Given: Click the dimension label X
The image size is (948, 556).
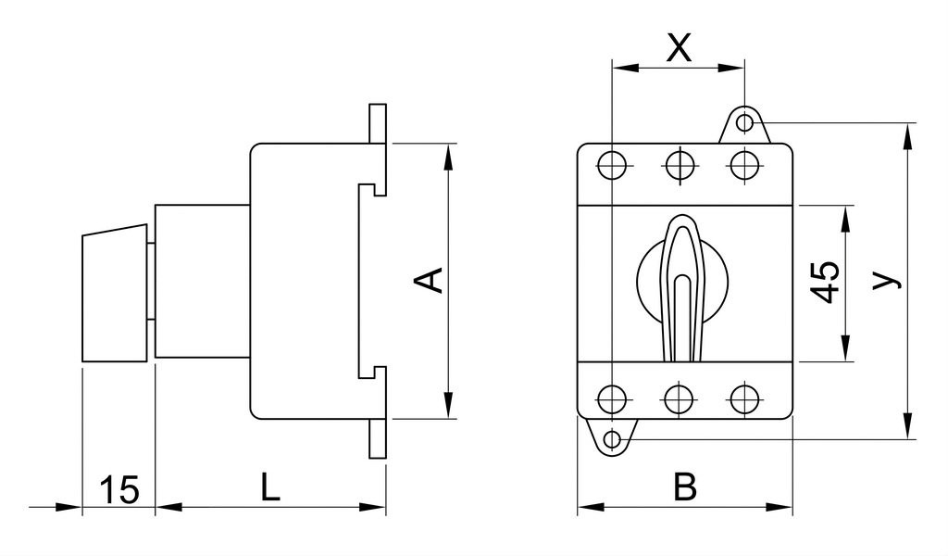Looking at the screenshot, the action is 679,47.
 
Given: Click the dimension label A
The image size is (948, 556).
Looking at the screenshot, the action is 430,281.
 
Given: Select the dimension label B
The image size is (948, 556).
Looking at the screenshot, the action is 685,487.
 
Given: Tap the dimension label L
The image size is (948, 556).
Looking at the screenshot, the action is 270,487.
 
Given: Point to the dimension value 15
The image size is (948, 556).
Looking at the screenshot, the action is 119,489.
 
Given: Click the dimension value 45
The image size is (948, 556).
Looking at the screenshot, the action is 825,281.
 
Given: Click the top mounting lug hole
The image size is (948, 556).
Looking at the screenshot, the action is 745,123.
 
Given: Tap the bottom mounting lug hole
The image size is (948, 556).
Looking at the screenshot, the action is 613,438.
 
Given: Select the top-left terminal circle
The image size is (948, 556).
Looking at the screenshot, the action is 612,164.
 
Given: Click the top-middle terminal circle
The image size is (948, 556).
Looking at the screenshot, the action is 679,164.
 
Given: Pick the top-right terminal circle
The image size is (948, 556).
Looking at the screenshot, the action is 745,164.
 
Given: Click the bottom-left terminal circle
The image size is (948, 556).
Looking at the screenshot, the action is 612,398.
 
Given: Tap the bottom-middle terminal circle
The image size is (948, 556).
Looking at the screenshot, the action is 679,398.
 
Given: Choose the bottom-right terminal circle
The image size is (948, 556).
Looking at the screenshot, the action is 745,398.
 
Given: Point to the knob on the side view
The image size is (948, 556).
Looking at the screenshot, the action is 114,294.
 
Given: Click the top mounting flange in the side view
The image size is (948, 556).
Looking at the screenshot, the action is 378,123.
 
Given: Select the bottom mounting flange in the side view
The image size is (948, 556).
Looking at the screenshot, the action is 378,438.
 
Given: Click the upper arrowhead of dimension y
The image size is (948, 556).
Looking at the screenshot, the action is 907,137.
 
